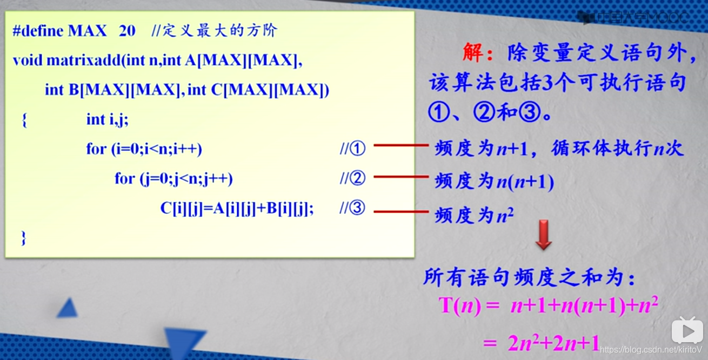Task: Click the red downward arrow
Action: tap(543, 235)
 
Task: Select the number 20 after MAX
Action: tap(126, 30)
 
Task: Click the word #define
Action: tap(38, 30)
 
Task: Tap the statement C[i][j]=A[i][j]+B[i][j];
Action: tap(237, 209)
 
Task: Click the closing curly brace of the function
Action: tap(23, 237)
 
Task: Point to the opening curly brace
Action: tap(24, 120)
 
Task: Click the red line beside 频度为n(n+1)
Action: tap(400, 177)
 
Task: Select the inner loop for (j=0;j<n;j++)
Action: tap(173, 178)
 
